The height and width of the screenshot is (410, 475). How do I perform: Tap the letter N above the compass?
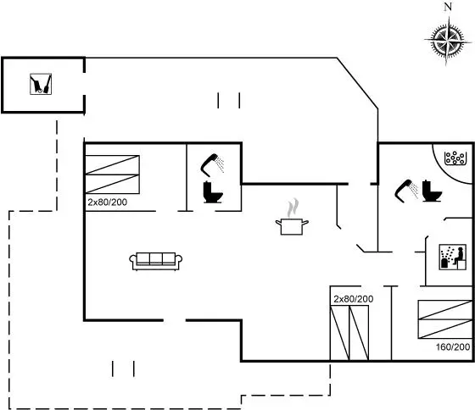click(448, 8)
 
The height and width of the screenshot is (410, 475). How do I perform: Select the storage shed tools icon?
click(41, 84)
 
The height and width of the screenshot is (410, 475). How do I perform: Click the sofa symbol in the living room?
click(156, 261)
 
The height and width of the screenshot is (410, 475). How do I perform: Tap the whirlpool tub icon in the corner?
click(455, 158)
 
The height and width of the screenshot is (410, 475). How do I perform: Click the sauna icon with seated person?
click(453, 257)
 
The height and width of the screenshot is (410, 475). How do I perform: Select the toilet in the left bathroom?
click(213, 191)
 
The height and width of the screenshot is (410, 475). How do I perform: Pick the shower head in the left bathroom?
click(212, 165)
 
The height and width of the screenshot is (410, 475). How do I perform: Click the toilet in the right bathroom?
click(432, 191)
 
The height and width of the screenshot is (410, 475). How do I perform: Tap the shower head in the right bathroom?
click(406, 191)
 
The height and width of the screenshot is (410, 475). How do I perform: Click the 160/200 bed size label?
click(453, 346)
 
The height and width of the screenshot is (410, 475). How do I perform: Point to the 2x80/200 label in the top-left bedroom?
click(107, 202)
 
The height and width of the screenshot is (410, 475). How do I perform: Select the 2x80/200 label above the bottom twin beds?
click(353, 299)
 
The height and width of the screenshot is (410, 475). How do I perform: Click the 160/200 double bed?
click(445, 319)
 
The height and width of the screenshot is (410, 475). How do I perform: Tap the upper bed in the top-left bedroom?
click(112, 165)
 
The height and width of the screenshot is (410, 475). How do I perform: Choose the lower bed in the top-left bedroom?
click(112, 184)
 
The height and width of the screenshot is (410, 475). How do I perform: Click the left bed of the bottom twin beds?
click(339, 333)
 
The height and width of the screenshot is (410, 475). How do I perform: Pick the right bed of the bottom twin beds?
click(359, 333)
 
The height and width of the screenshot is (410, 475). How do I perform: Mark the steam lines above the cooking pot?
click(293, 208)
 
